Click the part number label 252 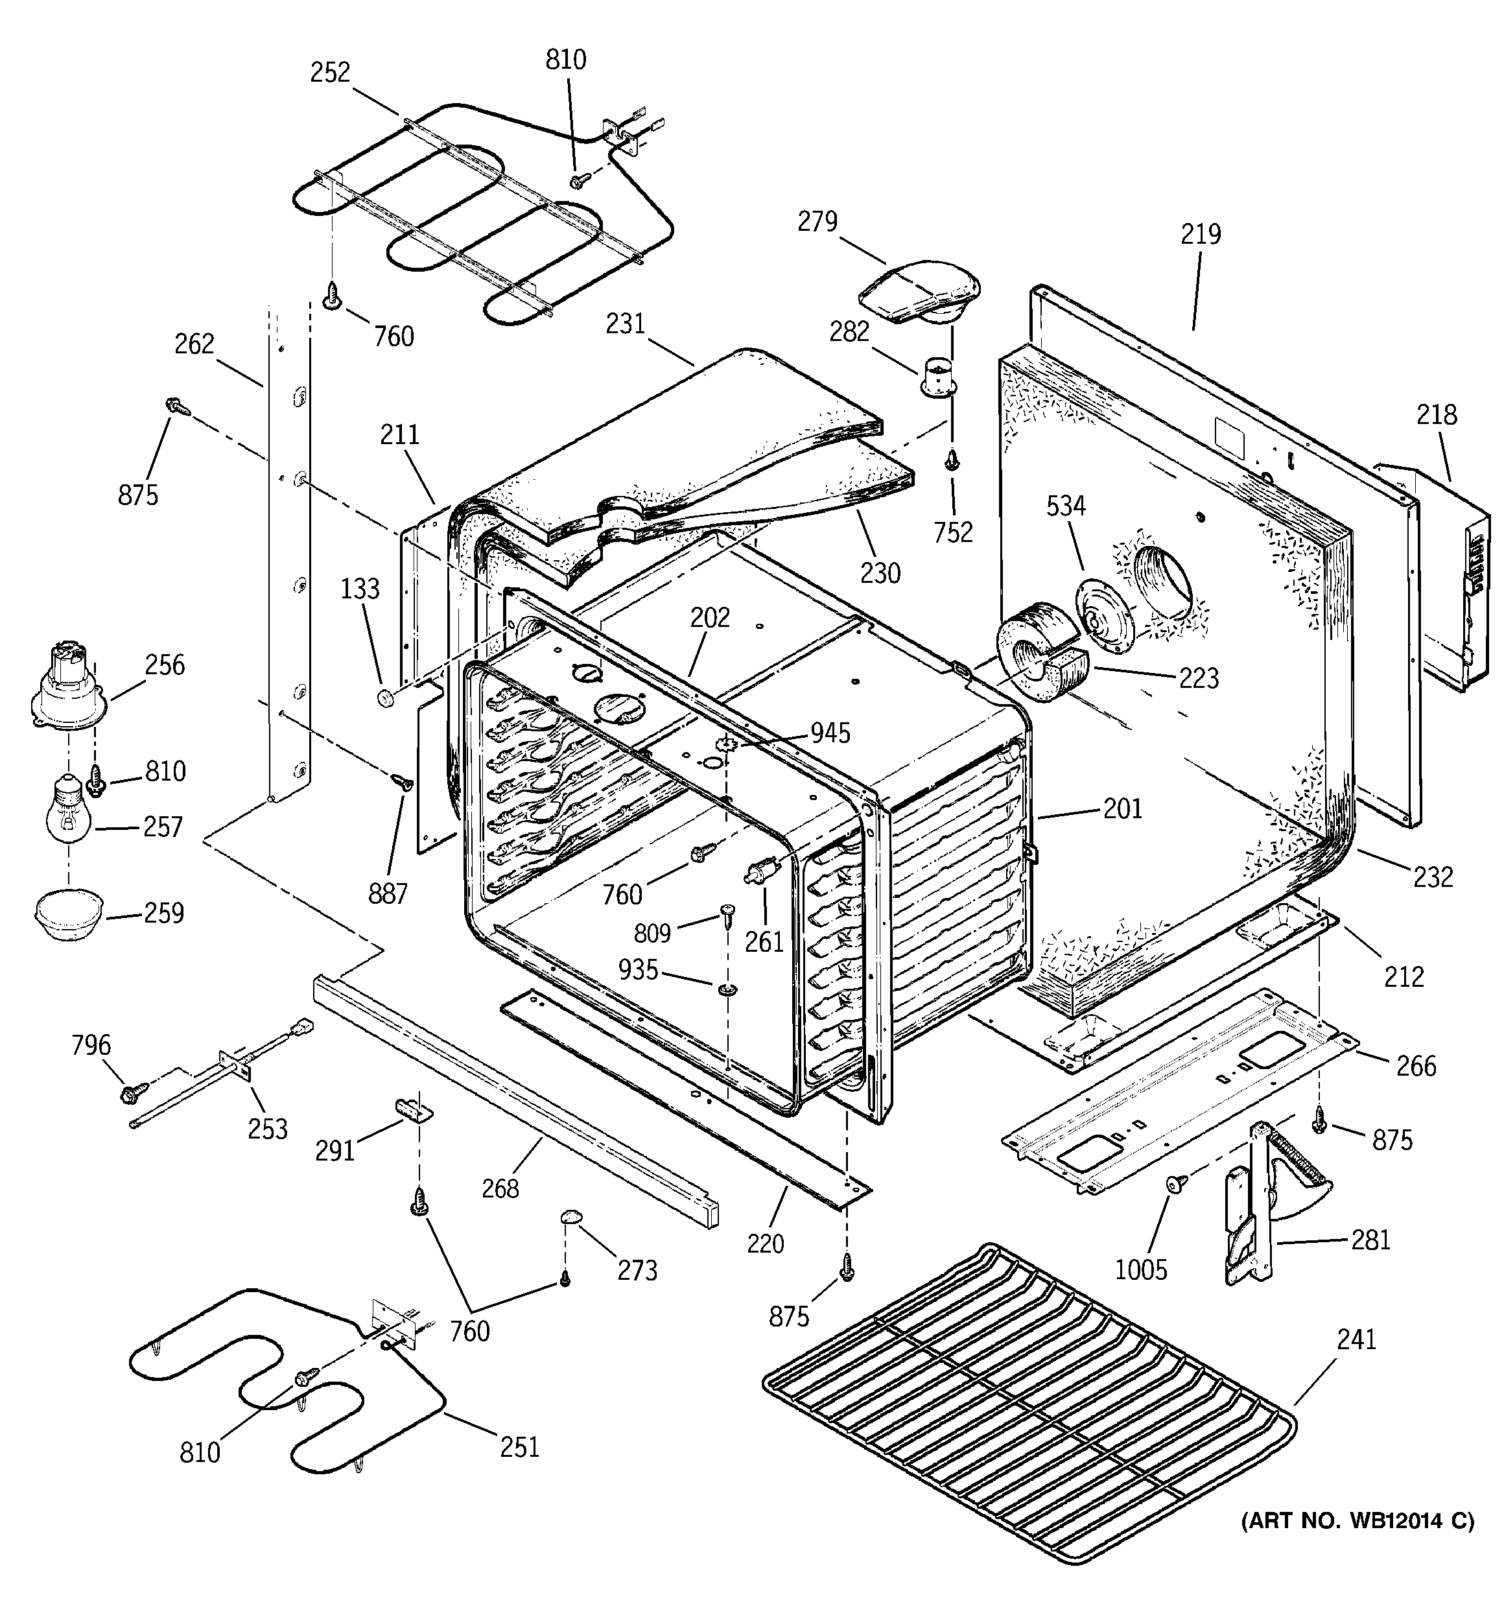click(x=331, y=73)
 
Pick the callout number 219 click(x=1201, y=235)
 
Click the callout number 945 click(x=830, y=733)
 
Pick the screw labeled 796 click(x=132, y=1093)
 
